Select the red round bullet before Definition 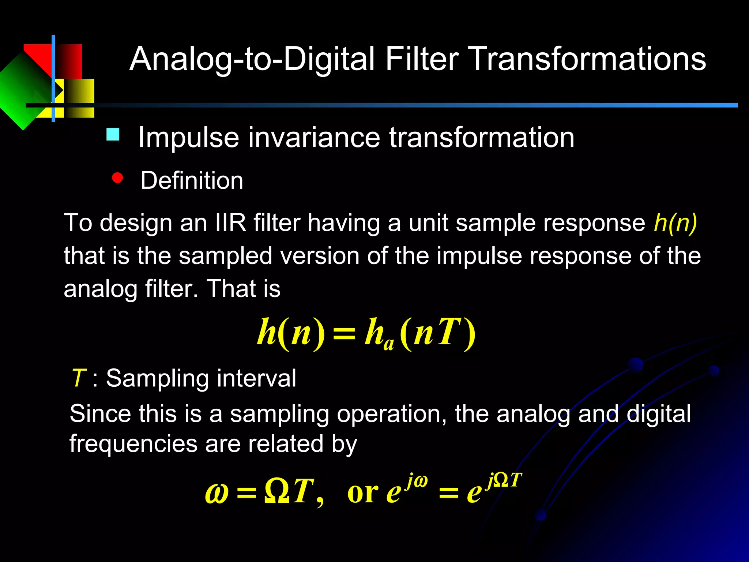tap(117, 178)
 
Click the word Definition tap(192, 180)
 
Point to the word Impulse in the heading tap(189, 138)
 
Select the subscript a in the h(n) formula tap(389, 344)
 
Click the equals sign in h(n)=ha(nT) tap(344, 334)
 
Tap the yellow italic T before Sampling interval tap(79, 378)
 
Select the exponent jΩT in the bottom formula tap(504, 480)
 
